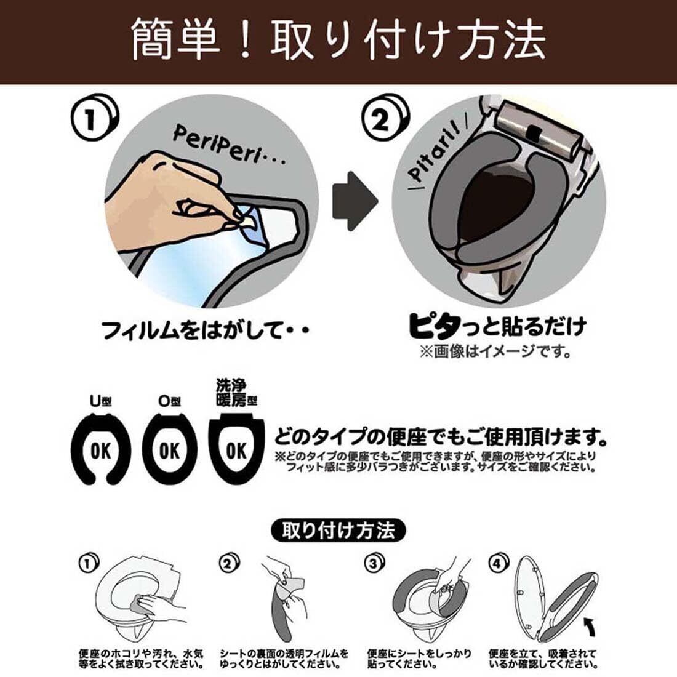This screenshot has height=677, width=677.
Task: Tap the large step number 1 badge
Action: [94, 119]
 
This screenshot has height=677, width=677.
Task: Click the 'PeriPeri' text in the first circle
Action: [229, 146]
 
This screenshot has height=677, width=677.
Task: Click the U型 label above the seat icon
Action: [100, 401]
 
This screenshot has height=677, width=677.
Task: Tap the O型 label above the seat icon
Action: [169, 401]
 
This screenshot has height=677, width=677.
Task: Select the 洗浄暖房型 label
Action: [236, 393]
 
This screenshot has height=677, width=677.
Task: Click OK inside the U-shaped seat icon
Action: [100, 452]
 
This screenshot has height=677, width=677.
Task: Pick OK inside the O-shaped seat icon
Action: [169, 452]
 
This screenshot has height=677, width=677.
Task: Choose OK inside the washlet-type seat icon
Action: [236, 451]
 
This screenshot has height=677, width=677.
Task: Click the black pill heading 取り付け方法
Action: [338, 531]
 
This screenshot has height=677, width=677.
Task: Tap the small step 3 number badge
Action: [374, 563]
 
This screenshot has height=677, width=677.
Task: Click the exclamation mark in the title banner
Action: [245, 39]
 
